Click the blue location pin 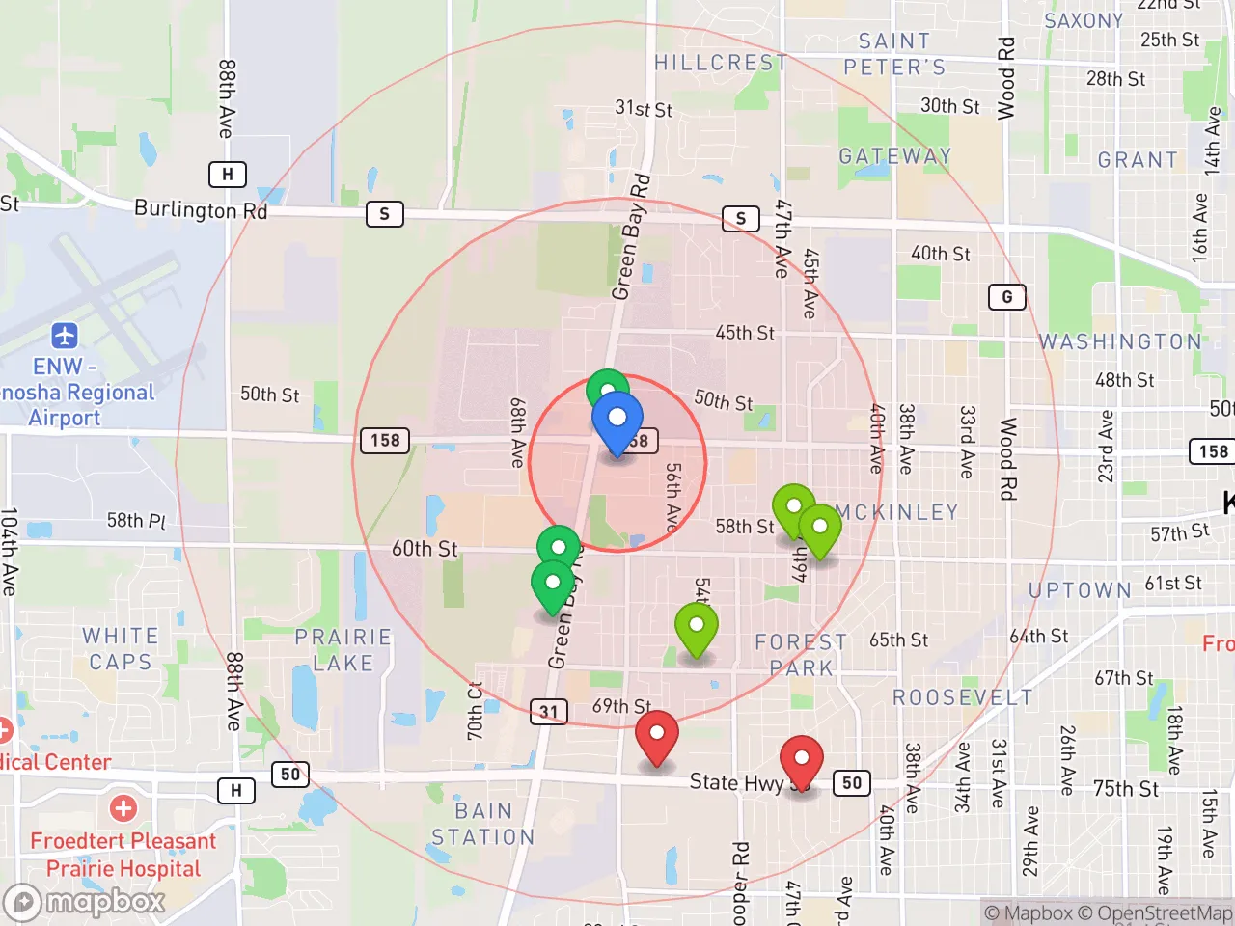click(x=617, y=421)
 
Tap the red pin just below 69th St click(x=657, y=735)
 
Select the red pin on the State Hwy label click(x=801, y=760)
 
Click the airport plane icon click(x=65, y=336)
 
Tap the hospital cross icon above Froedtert click(x=123, y=808)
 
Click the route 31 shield click(x=549, y=712)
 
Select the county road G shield click(x=1006, y=297)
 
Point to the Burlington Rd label click(x=201, y=209)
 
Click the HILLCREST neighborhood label click(x=721, y=63)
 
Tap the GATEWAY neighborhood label click(x=895, y=156)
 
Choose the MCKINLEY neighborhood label click(x=897, y=512)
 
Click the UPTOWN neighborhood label click(x=1080, y=590)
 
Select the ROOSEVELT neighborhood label click(x=962, y=697)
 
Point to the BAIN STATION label click(x=482, y=824)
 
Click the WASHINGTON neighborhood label click(x=1120, y=341)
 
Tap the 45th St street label click(x=745, y=333)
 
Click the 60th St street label click(x=425, y=549)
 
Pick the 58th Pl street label click(x=136, y=521)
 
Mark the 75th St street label click(x=1126, y=788)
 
